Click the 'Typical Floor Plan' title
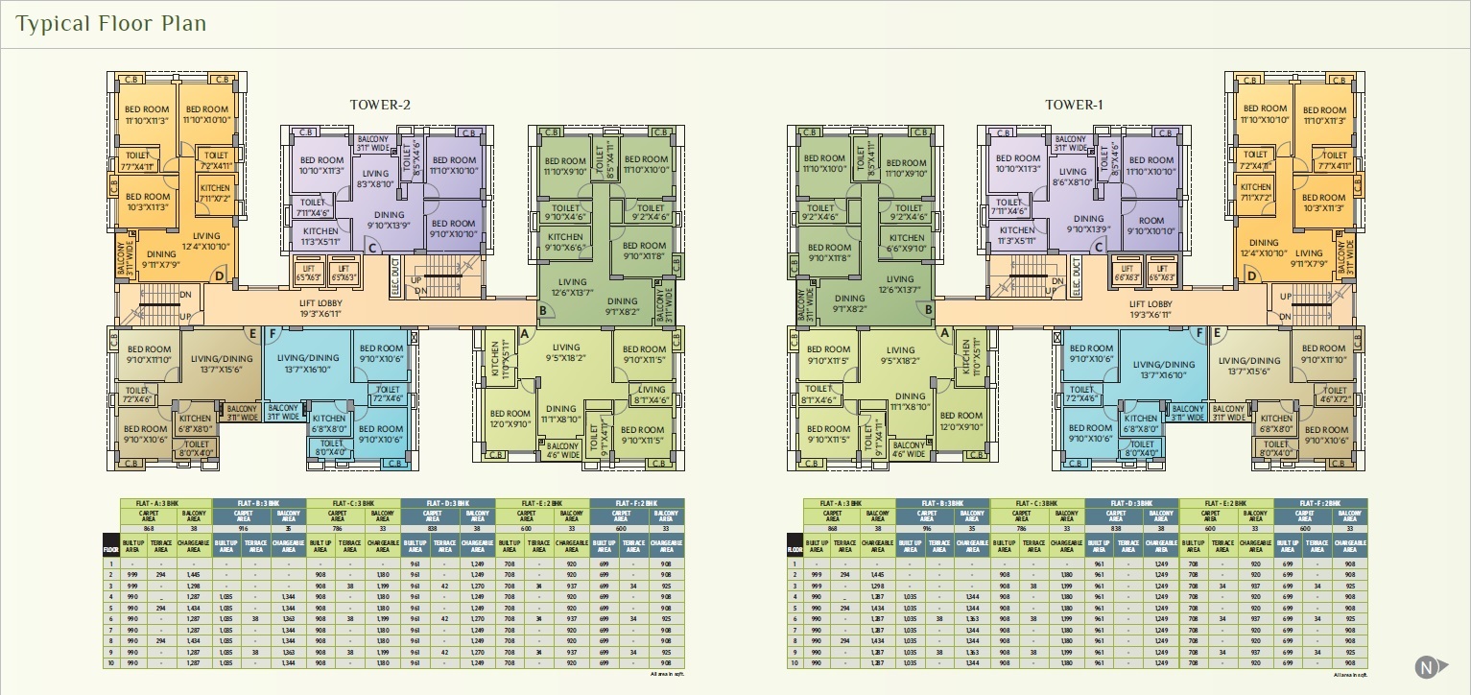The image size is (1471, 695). pos(111,23)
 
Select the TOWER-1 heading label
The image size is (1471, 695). pos(1073,105)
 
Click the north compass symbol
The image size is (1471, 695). pos(1429,666)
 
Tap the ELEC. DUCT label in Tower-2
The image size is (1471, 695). pos(395,276)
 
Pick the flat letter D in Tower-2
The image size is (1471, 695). pos(220,277)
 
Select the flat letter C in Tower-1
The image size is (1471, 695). pos(1099,247)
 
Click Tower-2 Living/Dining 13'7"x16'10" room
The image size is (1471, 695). pos(308,364)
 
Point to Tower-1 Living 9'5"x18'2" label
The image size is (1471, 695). pos(900,355)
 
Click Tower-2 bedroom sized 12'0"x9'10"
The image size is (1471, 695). pos(510,419)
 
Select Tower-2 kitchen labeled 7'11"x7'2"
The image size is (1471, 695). pos(216,193)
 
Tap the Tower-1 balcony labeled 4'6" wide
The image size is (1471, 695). pos(908,449)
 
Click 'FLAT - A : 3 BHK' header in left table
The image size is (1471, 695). pos(165,503)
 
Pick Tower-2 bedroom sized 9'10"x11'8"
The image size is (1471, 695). pos(643,251)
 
